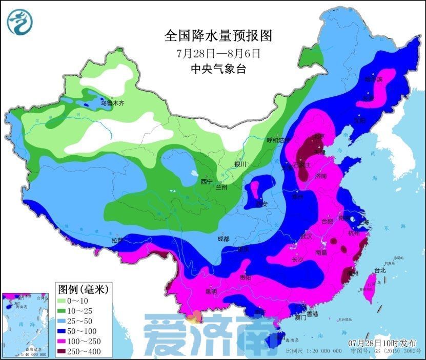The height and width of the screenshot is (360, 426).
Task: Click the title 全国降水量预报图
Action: [218, 36]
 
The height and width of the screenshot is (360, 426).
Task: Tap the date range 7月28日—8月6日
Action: [218, 53]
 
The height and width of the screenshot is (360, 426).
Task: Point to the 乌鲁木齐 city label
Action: [112, 103]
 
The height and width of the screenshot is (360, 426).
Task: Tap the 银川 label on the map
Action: [240, 164]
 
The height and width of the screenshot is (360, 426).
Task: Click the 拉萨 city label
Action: [117, 240]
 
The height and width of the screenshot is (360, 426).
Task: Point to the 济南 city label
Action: [321, 176]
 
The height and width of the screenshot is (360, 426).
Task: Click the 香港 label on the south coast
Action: [312, 313]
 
